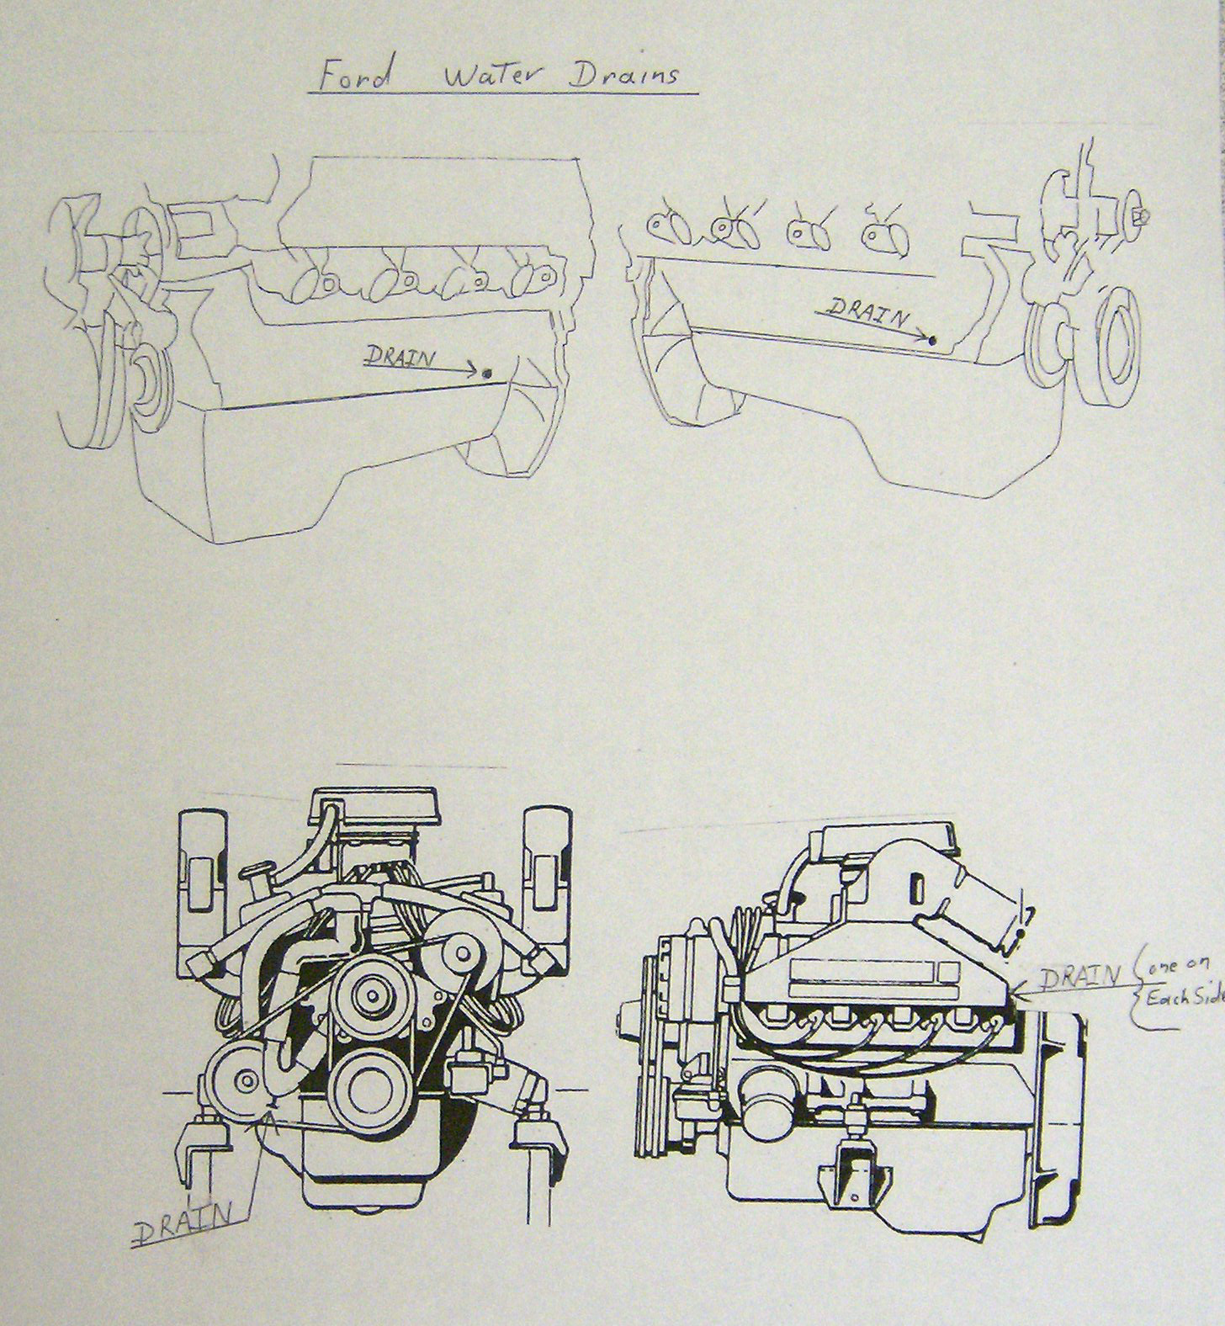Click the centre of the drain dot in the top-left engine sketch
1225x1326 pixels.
coord(487,373)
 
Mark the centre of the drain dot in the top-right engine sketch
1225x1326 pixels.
coord(932,341)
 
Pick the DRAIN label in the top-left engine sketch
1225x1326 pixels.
coord(400,358)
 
